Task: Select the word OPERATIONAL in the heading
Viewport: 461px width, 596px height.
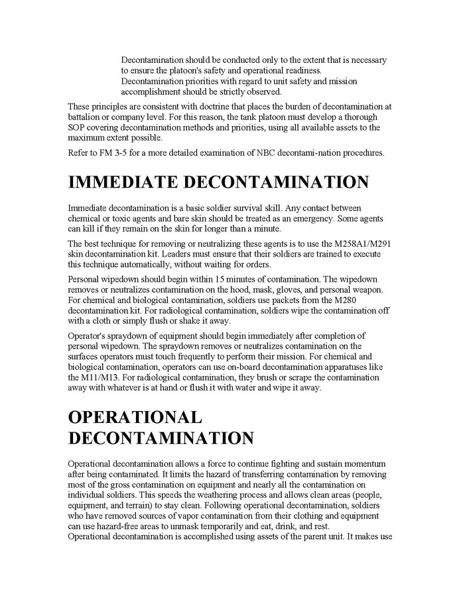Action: [135, 417]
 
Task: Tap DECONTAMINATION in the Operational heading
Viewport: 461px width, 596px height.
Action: [161, 438]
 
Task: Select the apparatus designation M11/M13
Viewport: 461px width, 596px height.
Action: [86, 378]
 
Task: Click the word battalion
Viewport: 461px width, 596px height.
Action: [86, 117]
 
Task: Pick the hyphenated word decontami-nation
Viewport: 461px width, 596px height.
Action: [312, 153]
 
